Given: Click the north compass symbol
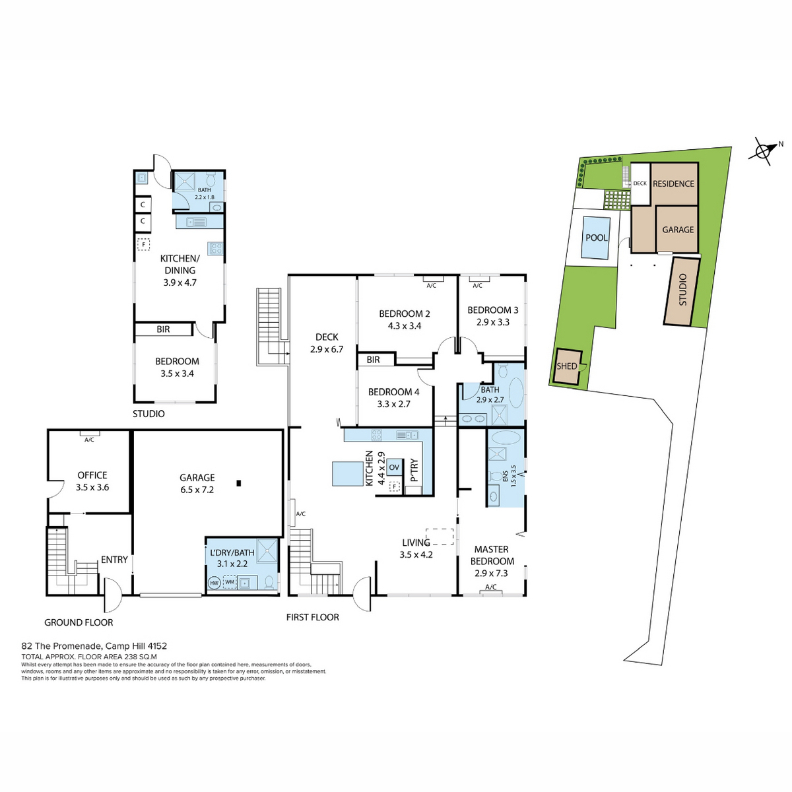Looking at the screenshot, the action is tap(763, 151).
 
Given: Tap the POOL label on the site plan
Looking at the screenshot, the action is tap(596, 238).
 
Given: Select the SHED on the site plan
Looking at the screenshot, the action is tap(568, 366).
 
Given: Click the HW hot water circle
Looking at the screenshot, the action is tap(214, 582).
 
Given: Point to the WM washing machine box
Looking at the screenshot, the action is tap(229, 582).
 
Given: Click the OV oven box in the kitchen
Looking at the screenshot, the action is tap(394, 467).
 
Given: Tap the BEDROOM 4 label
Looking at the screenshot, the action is tap(393, 392).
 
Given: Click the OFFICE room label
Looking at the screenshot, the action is tap(92, 475).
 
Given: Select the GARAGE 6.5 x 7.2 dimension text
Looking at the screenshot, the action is tap(197, 490).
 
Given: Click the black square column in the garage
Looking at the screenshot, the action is tap(239, 483).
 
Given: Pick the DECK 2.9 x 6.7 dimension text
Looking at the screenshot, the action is tap(327, 349).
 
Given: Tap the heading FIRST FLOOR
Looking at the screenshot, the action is tap(312, 617).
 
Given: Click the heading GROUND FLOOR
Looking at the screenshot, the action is tap(79, 622).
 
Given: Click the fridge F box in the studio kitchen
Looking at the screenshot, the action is tap(143, 245).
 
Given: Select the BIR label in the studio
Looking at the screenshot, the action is tap(163, 329).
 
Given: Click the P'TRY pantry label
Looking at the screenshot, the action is tap(414, 470).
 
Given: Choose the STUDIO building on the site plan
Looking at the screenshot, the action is tap(682, 292).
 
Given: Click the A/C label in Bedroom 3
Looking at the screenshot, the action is tap(477, 285).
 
